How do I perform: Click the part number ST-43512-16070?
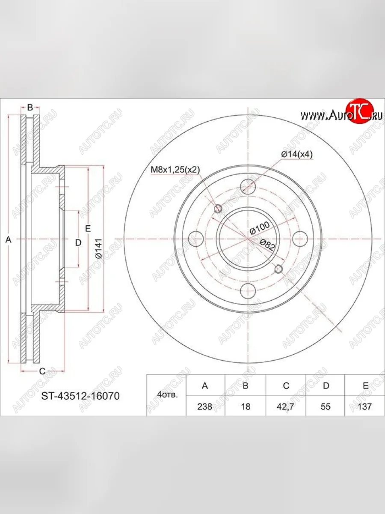pos(80,396)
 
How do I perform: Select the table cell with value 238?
pos(205,406)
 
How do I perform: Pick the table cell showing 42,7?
pos(285,406)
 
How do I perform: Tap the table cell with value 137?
pos(365,406)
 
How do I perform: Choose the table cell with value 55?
pos(326,406)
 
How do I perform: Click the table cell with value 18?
pos(246,406)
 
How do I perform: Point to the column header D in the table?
pos(326,385)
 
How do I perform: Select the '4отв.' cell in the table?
pos(166,396)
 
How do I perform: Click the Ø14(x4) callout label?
pos(297,155)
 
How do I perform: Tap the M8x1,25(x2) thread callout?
pos(175,170)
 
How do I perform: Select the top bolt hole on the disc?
pos(248,187)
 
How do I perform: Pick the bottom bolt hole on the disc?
pos(248,291)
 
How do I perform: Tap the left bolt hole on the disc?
pos(196,239)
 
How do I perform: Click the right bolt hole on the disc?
pos(300,239)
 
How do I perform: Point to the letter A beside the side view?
pos(7,241)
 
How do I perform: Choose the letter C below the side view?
pos(42,371)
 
